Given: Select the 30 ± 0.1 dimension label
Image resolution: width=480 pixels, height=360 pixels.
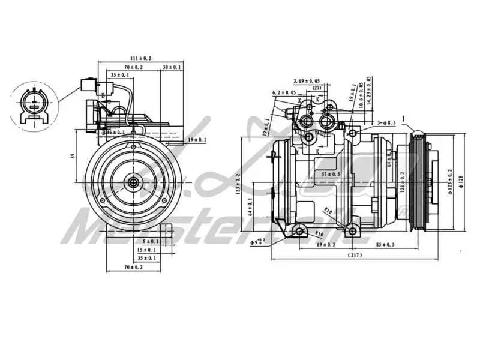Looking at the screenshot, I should tap(172, 67).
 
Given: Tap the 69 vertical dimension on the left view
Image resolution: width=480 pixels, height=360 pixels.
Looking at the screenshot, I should tap(73, 156).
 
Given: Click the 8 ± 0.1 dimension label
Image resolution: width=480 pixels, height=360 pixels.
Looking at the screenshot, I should tap(146, 241).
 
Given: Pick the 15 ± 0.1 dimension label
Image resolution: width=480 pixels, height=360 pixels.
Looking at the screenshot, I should tap(146, 250).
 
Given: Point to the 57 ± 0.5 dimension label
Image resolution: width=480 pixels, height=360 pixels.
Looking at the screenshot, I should tap(331, 174).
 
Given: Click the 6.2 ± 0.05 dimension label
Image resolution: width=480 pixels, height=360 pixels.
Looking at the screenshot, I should tap(284, 92).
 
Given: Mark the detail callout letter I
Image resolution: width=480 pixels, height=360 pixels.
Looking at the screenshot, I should tap(404, 118).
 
